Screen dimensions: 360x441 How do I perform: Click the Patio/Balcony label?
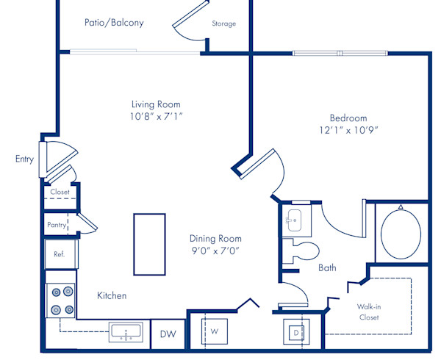(113, 23)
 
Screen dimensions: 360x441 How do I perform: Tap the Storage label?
(224, 24)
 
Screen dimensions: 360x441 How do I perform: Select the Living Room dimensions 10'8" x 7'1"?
(156, 116)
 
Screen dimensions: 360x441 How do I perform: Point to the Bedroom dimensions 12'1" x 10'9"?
(348, 130)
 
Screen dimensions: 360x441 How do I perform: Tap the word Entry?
(24, 159)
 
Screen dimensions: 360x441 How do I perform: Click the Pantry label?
(57, 225)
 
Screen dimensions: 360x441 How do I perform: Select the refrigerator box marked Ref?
(60, 254)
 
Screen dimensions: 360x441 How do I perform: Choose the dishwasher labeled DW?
(168, 334)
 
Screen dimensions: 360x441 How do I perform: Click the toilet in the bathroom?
(302, 251)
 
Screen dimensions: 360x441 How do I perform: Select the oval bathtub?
(401, 233)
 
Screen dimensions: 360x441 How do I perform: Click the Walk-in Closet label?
(368, 311)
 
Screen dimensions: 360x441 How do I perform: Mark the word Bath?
(327, 268)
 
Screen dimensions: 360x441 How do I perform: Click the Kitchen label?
(112, 295)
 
